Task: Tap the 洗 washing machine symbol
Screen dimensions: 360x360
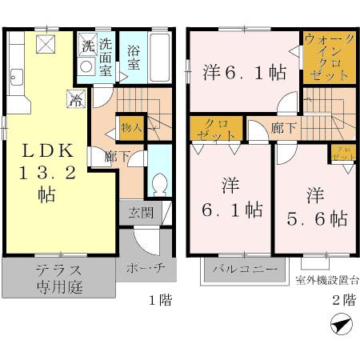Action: click(x=86, y=44)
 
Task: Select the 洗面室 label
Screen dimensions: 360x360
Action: click(x=106, y=54)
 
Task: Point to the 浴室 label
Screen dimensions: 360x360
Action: click(x=134, y=58)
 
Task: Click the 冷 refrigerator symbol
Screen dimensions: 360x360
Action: click(x=75, y=102)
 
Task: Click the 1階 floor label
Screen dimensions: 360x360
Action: click(x=158, y=301)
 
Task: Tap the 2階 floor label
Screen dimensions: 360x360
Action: click(x=342, y=301)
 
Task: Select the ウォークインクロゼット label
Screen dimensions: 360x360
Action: click(x=327, y=57)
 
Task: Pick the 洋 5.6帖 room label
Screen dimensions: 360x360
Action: click(x=314, y=206)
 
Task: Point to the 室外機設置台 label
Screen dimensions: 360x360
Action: click(x=326, y=279)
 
